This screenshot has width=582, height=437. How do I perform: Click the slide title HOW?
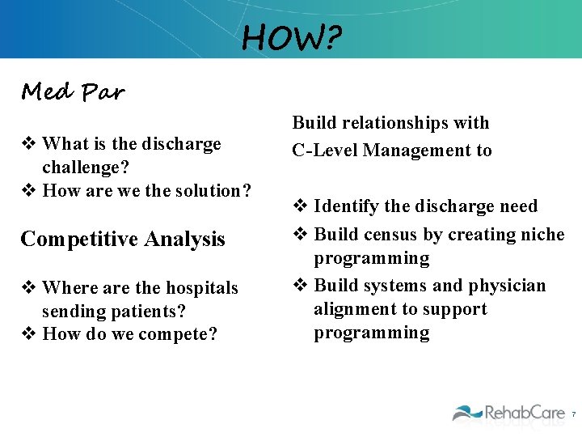pos(291,36)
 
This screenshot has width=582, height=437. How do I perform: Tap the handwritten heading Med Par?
pos(73,92)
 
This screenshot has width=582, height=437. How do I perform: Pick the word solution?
pos(212,191)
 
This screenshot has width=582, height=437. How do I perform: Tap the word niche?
pos(543,235)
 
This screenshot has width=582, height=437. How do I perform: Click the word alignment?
pos(352,309)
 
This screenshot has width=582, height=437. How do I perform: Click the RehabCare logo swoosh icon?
pos(466,413)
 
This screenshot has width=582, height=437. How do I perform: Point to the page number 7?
pos(573,414)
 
